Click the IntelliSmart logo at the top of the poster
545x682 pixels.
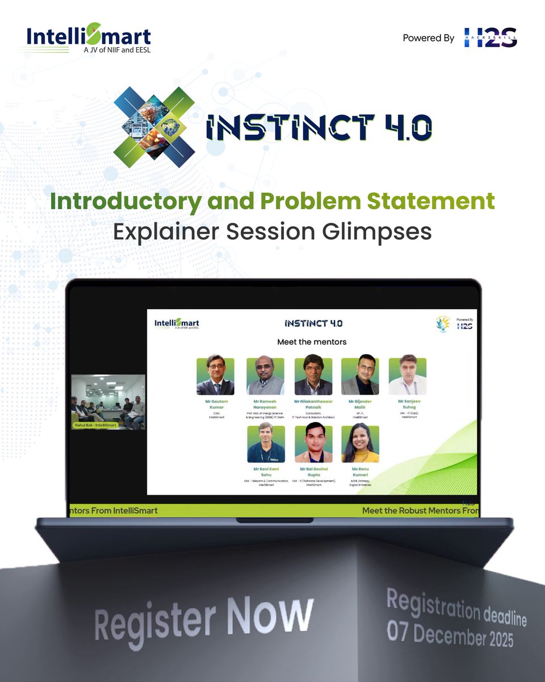click(89, 38)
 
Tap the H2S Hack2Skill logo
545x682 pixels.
click(491, 38)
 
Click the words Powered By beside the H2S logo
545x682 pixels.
click(429, 38)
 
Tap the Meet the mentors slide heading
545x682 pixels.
click(312, 342)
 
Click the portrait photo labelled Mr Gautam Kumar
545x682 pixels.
click(215, 376)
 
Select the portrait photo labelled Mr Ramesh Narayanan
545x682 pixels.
click(265, 376)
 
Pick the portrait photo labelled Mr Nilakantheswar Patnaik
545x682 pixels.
click(313, 376)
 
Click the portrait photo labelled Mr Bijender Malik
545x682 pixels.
click(360, 376)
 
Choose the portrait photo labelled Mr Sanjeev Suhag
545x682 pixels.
click(407, 376)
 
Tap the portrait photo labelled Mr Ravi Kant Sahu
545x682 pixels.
click(266, 443)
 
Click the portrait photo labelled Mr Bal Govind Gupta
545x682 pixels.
click(313, 443)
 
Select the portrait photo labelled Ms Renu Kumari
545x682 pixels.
click(360, 443)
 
